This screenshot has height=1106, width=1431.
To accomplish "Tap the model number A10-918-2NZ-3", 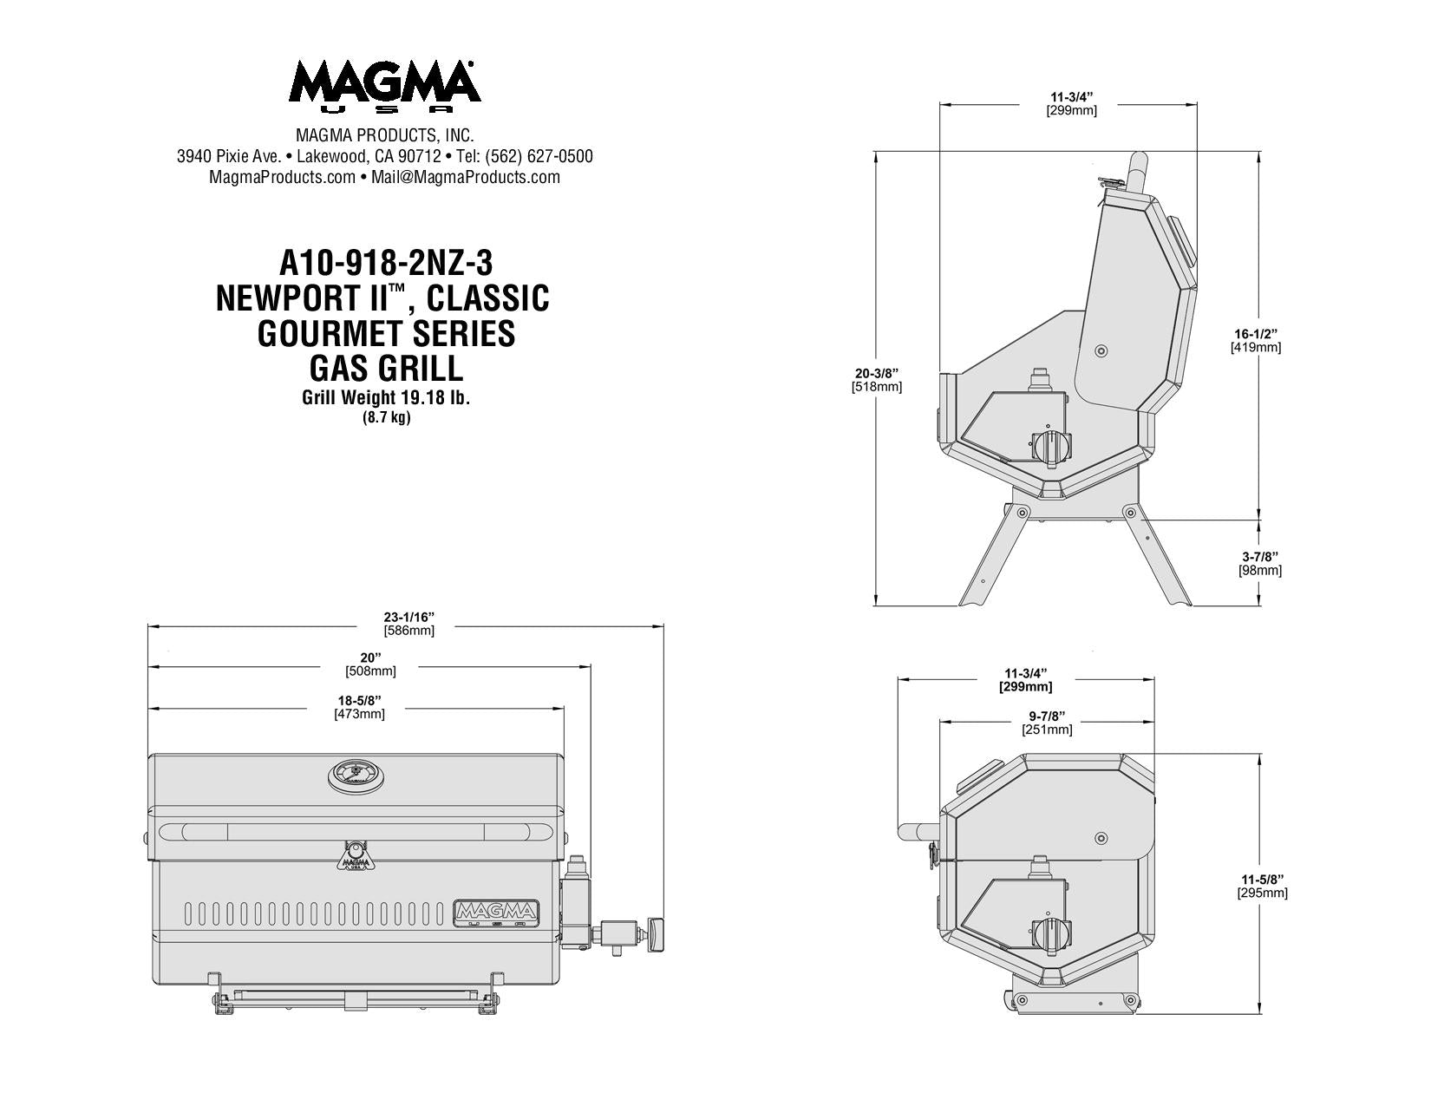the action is [386, 264].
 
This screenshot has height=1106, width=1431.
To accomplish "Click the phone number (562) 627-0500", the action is [539, 156].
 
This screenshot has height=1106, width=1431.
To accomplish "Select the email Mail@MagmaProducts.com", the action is [466, 177].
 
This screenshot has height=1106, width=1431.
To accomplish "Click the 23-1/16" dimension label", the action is [409, 618].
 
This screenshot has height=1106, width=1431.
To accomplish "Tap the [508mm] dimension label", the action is [370, 671].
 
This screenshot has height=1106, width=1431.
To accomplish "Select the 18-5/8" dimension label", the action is [360, 700].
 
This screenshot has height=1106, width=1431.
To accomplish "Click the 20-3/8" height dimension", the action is [877, 374].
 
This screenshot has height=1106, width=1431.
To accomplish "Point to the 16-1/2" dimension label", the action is [1256, 334].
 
